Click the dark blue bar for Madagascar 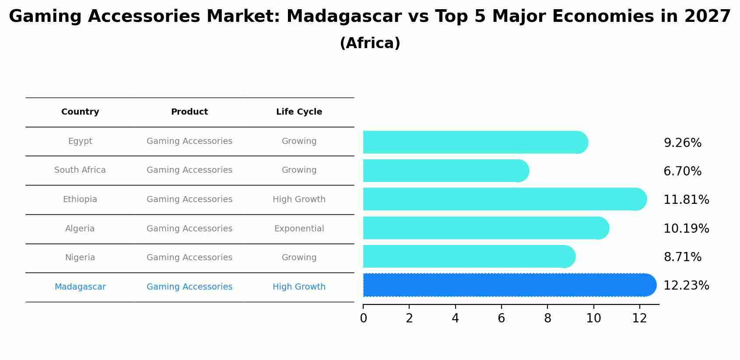[x=508, y=285]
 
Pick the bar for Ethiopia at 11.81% [x=503, y=199]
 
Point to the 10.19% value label [x=686, y=229]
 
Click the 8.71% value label [x=682, y=257]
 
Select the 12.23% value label [x=686, y=286]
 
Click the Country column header [x=80, y=112]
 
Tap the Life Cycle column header [x=299, y=112]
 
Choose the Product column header [x=189, y=112]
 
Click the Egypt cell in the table [x=80, y=141]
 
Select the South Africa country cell [x=80, y=170]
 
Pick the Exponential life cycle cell [x=299, y=229]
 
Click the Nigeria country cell [x=80, y=258]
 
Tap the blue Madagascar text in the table [x=80, y=287]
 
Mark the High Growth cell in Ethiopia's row [x=299, y=199]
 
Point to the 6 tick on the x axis [x=502, y=318]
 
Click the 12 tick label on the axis [x=639, y=318]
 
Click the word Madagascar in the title [x=344, y=17]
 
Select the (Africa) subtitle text [x=370, y=43]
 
